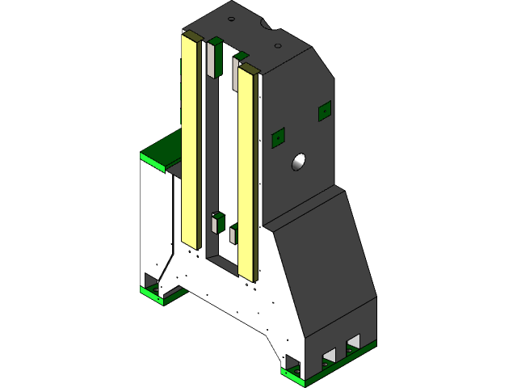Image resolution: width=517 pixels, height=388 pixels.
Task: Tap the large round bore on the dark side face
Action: pyautogui.click(x=300, y=162)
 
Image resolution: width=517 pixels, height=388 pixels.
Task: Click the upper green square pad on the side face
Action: pyautogui.click(x=325, y=111)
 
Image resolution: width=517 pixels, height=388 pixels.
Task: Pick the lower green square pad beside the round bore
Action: pyautogui.click(x=278, y=137)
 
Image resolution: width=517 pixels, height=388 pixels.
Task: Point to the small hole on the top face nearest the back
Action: pyautogui.click(x=231, y=18)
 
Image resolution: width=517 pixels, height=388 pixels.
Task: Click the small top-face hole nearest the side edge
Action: pyautogui.click(x=267, y=26)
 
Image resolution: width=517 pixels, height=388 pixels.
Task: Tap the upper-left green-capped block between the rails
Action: pyautogui.click(x=215, y=57)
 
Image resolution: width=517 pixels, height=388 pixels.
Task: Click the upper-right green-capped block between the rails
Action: pyautogui.click(x=238, y=69)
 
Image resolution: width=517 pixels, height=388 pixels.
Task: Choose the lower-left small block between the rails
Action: pyautogui.click(x=217, y=222)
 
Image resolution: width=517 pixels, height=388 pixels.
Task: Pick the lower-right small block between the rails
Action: pyautogui.click(x=233, y=234)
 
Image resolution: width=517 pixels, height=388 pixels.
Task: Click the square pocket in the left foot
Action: pyautogui.click(x=151, y=280)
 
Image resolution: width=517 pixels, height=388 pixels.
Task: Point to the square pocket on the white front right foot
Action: pyautogui.click(x=292, y=363)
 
